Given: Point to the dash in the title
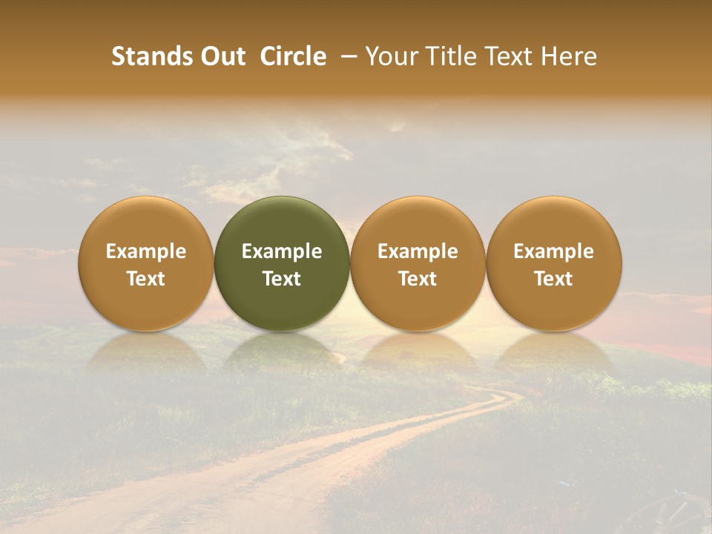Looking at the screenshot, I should click(x=346, y=57).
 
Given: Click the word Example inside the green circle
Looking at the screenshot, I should click(x=282, y=251).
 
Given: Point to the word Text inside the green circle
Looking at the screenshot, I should click(x=282, y=279).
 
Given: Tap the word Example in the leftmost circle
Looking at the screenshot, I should click(x=146, y=251).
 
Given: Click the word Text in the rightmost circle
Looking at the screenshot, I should click(x=554, y=279).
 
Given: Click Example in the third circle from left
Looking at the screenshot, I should click(x=418, y=251).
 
